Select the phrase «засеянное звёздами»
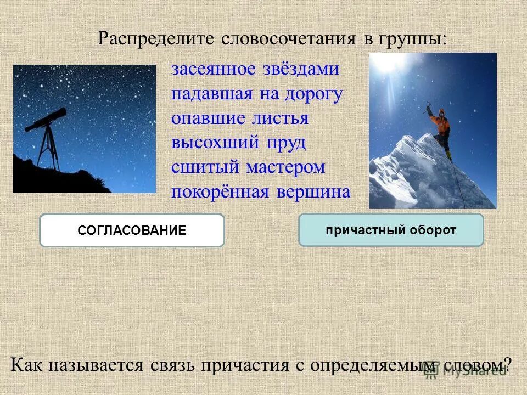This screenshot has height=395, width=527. [x=255, y=70]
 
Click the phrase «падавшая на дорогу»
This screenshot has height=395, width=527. [x=257, y=94]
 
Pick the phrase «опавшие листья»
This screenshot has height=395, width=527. [x=240, y=118]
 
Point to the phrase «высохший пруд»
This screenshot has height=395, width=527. [x=238, y=143]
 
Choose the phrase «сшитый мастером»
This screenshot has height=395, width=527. [x=248, y=167]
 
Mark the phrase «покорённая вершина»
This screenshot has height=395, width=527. [x=261, y=191]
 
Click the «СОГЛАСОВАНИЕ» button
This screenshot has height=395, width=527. [x=132, y=230]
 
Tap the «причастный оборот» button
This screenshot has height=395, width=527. [x=391, y=230]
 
